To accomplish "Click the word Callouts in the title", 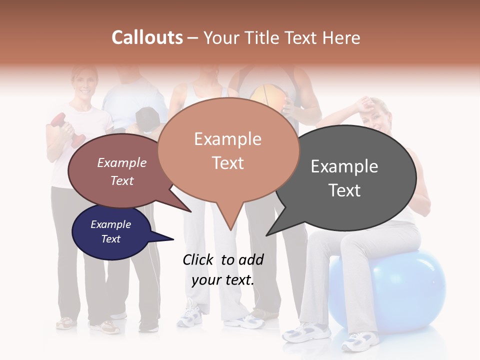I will tap(147, 37).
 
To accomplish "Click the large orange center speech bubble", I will tap(228, 150).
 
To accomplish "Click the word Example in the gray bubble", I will tap(344, 166).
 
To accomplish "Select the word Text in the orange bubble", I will tap(228, 163).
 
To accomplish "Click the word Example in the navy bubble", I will tap(111, 225).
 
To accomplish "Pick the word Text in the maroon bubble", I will tap(122, 181).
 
